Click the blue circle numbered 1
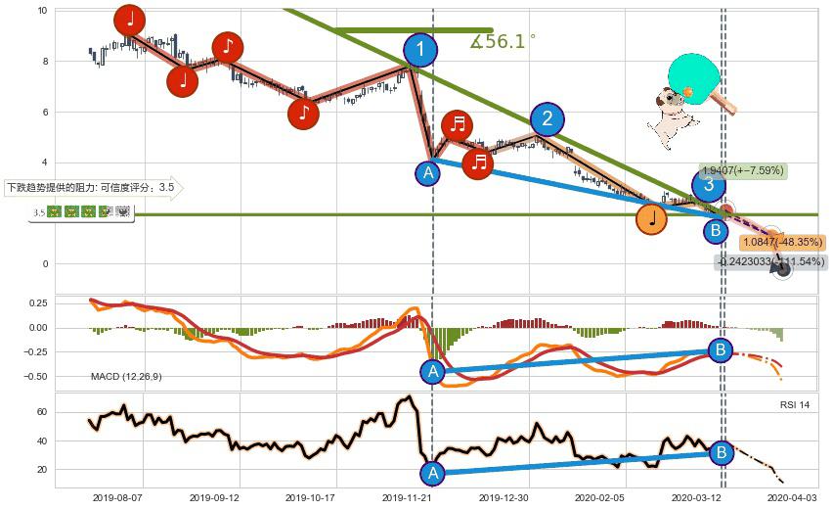[420, 51]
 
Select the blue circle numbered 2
[547, 119]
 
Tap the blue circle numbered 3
[709, 185]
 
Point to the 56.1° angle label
[503, 41]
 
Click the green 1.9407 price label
[742, 170]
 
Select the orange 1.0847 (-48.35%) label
[782, 242]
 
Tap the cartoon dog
[672, 116]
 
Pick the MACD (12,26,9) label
[126, 376]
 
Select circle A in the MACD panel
[431, 371]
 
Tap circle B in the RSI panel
[721, 452]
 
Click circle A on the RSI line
[431, 474]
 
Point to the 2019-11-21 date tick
[406, 497]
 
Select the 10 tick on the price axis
[42, 11]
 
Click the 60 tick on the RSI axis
[40, 412]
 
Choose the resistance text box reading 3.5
[91, 187]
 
